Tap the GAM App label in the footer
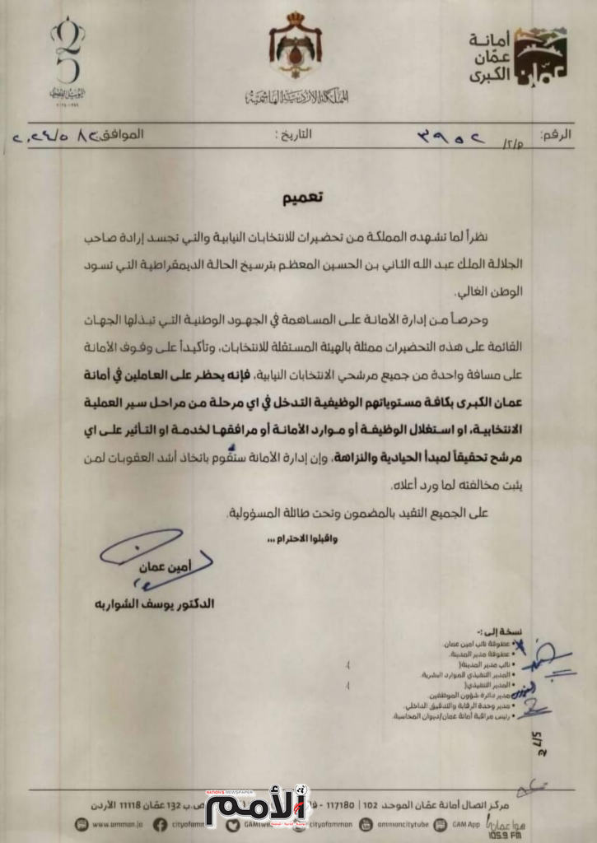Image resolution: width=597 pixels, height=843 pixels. click(466, 823)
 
